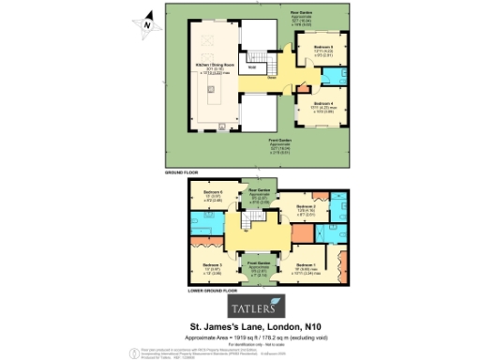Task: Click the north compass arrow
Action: tap(145, 25)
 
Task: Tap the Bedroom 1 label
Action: tap(306, 266)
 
